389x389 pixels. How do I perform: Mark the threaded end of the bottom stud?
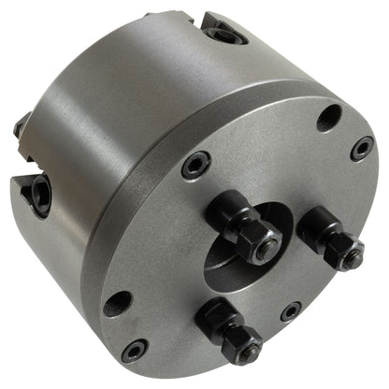coord(250,354)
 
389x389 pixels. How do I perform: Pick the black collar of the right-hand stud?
coord(320,230)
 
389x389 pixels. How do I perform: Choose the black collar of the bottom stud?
coord(217,321)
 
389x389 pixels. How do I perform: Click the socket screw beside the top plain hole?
coord(362,148)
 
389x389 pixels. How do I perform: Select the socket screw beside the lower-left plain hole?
coord(135,350)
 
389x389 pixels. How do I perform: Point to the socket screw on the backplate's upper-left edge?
coord(195,166)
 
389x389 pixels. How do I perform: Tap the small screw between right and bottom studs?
coord(292,310)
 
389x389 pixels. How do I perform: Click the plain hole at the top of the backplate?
coord(328,118)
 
